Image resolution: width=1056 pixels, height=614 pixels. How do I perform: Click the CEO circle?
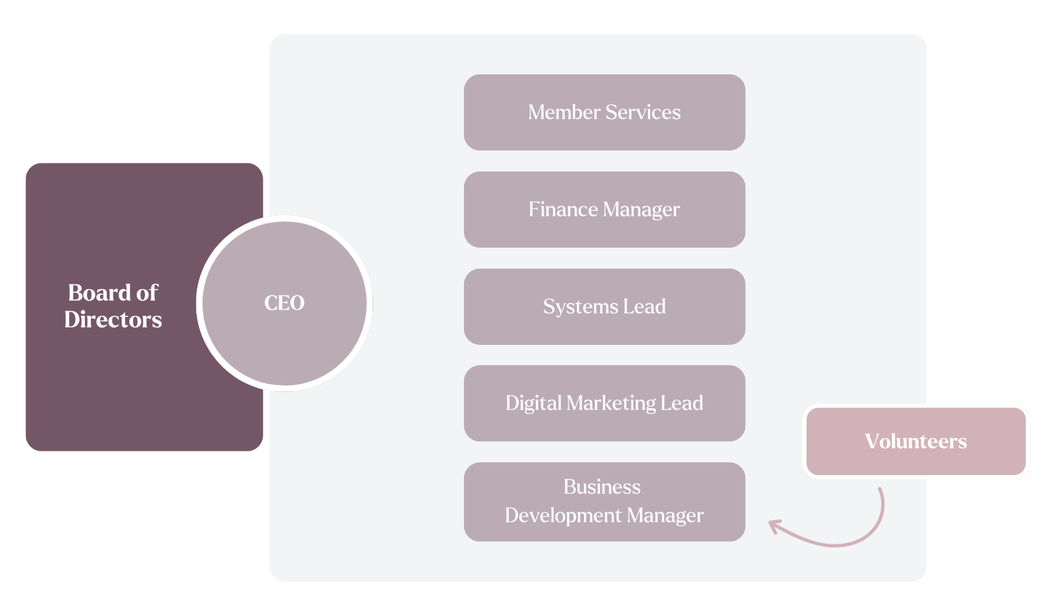pyautogui.click(x=284, y=303)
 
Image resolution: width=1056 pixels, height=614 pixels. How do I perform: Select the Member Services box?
pyautogui.click(x=604, y=112)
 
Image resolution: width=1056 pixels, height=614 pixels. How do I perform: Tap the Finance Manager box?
pyautogui.click(x=604, y=210)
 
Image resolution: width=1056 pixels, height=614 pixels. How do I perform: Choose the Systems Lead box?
pyautogui.click(x=604, y=307)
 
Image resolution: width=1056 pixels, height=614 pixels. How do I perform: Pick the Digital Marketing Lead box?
pyautogui.click(x=604, y=403)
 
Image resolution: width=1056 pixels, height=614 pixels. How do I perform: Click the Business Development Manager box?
pyautogui.click(x=604, y=502)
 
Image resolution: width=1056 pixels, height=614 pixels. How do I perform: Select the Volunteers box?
pyautogui.click(x=916, y=441)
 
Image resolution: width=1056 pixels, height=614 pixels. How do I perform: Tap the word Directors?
pyautogui.click(x=113, y=320)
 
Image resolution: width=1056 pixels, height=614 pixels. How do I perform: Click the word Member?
pyautogui.click(x=563, y=112)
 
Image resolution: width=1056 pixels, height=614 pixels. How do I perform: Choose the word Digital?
pyautogui.click(x=533, y=403)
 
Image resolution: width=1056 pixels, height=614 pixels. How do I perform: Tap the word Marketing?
pyautogui.click(x=611, y=403)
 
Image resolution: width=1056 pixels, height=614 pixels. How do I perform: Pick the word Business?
pyautogui.click(x=602, y=487)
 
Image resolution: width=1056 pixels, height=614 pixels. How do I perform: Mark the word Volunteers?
pyautogui.click(x=916, y=441)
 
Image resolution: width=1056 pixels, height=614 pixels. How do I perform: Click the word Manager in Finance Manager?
pyautogui.click(x=641, y=210)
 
